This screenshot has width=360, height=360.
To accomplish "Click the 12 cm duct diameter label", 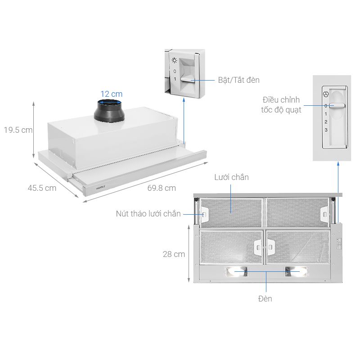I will [111, 94].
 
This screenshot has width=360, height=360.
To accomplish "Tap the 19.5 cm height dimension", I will [18, 130].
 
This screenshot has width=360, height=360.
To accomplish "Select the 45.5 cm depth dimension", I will [42, 188].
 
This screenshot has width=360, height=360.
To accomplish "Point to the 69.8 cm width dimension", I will [161, 188].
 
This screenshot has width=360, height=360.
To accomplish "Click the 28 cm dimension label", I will [174, 254].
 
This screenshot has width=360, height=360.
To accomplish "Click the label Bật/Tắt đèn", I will [238, 80].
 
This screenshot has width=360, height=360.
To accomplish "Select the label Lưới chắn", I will [232, 178].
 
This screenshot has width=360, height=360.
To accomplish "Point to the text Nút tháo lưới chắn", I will [148, 214].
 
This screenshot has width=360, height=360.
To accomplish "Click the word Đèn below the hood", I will [265, 298].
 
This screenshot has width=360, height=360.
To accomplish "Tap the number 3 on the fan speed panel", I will [326, 130].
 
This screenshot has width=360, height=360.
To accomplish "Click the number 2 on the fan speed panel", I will [326, 122].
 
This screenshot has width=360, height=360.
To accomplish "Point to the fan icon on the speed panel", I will [326, 95].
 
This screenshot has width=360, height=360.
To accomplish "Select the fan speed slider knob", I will [337, 105].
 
